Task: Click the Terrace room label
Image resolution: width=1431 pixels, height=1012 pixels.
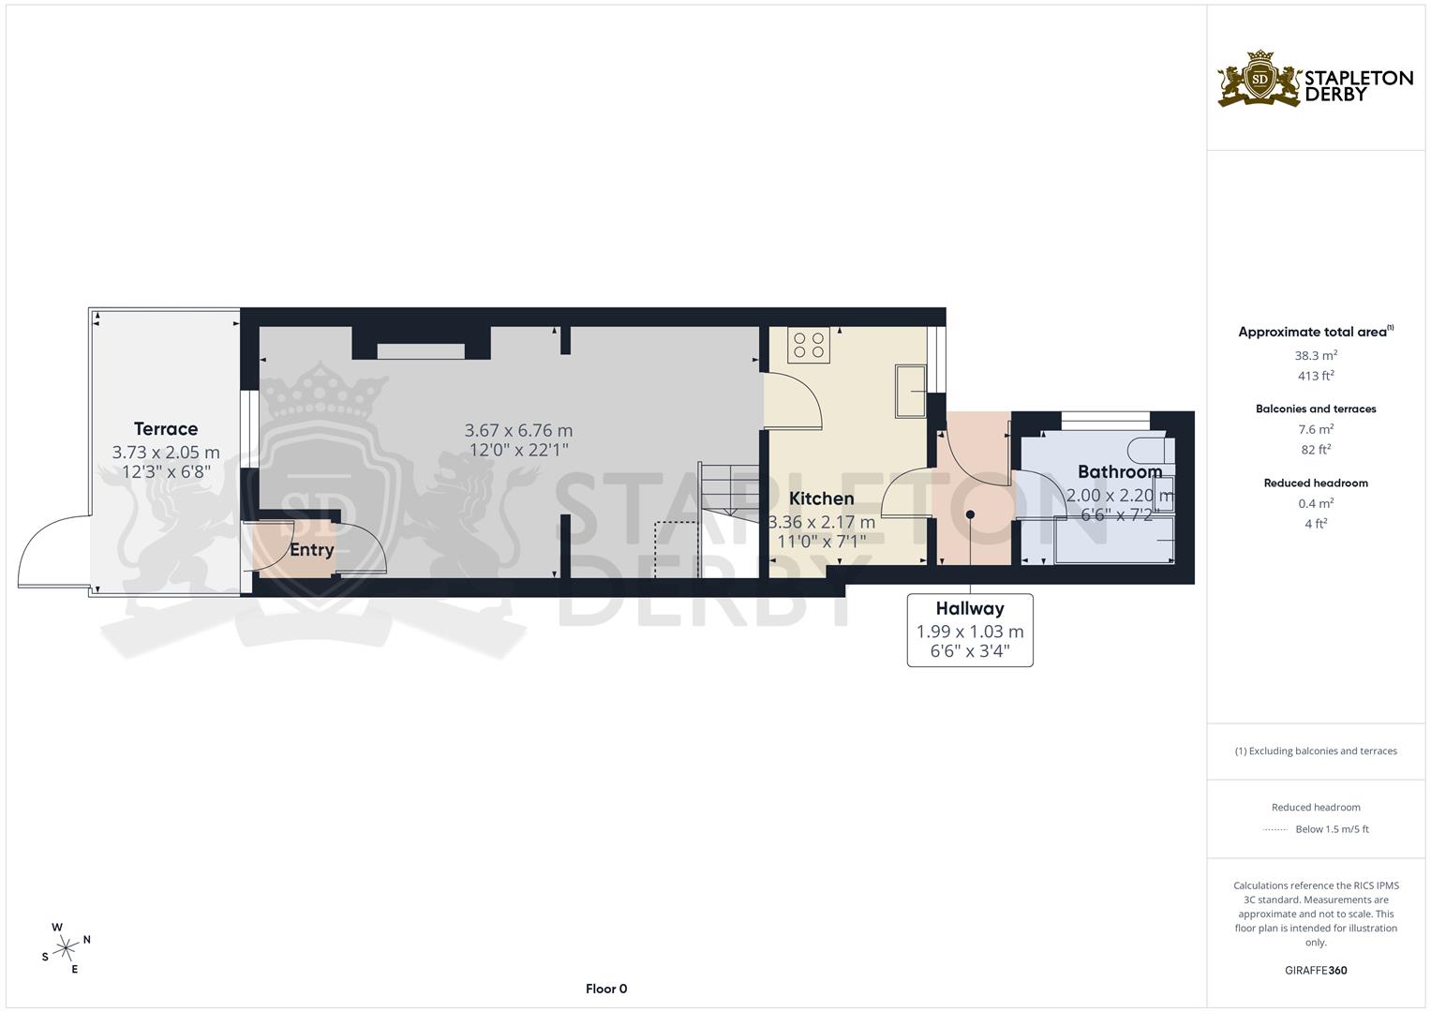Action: coord(166,429)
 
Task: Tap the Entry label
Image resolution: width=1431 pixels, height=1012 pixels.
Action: coord(311,550)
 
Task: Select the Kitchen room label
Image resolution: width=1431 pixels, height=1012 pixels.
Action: coord(821,499)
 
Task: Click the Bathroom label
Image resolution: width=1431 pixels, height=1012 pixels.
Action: coord(1119,471)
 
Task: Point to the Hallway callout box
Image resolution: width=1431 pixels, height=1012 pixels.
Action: coord(970,630)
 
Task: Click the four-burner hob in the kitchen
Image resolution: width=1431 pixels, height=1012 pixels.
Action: coord(809,345)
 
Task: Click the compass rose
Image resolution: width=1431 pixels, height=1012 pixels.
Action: coord(66,948)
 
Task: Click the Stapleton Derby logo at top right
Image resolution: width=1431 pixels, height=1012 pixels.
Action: coord(1315,80)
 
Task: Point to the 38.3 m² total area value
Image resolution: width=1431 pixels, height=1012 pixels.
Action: coord(1316,356)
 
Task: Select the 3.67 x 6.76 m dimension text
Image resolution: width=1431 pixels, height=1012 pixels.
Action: coord(518,431)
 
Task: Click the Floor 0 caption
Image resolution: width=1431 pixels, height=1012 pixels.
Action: coord(606,989)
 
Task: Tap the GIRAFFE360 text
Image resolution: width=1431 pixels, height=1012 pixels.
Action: coord(1316,971)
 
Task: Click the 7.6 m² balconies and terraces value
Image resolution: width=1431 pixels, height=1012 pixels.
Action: coord(1316,430)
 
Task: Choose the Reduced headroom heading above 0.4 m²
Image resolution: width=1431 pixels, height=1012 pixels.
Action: coord(1316,484)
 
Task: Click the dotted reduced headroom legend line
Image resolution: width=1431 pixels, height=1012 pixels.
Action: coord(1275,829)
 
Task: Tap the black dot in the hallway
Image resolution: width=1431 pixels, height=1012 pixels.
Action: coord(970,514)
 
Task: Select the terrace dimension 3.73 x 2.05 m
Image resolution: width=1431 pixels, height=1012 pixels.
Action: coord(166,453)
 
